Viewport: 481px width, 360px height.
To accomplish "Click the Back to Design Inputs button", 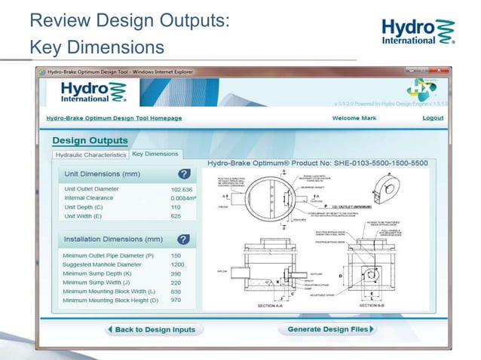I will click(x=152, y=329).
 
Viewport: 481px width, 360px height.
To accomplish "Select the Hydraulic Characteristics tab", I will click(x=90, y=154).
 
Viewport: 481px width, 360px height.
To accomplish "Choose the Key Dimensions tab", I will click(x=155, y=154).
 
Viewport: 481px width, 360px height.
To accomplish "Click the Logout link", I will click(x=433, y=118).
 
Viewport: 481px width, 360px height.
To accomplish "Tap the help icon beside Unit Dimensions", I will click(x=183, y=174).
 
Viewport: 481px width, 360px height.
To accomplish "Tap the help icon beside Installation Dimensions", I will click(x=183, y=239).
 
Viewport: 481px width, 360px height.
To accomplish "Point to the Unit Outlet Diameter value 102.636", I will click(x=182, y=189).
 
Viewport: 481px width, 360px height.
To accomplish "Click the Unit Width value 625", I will click(x=176, y=216).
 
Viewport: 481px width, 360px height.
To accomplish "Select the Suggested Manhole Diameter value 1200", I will click(x=178, y=264).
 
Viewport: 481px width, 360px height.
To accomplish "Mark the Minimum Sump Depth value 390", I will click(x=176, y=273).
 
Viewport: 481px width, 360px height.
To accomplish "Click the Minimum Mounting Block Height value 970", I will click(x=176, y=301).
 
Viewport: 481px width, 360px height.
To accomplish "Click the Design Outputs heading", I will click(x=90, y=140).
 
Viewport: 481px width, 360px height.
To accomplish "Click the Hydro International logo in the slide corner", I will click(x=417, y=32).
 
